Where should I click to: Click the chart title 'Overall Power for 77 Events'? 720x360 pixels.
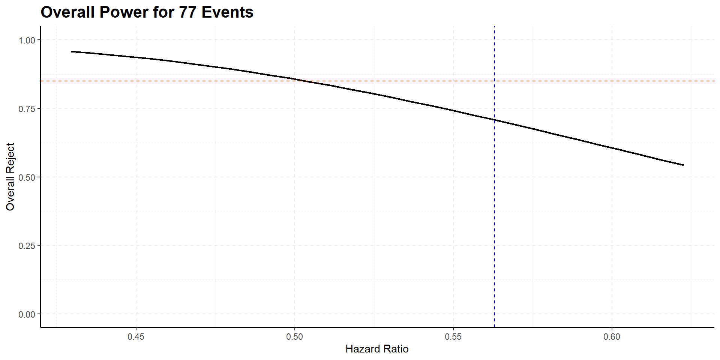(147, 12)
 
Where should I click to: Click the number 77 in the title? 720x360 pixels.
(187, 12)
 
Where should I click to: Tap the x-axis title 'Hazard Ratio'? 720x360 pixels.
(377, 349)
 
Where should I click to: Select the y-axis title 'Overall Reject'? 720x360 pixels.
(10, 177)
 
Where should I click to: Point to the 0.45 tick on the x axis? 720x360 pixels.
(136, 337)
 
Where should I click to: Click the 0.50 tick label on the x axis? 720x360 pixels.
(294, 337)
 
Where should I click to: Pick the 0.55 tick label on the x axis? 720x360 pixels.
(453, 337)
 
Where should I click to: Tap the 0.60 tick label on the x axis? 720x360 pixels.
(612, 337)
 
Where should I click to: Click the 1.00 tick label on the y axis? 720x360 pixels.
(27, 40)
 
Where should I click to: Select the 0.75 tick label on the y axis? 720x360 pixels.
(27, 109)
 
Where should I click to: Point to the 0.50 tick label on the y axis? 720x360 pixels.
(27, 177)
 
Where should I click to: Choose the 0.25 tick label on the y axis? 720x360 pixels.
(27, 246)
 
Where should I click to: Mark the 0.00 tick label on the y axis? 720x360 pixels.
(27, 314)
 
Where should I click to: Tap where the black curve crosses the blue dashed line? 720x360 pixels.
(495, 120)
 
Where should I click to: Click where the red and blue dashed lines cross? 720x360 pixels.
(495, 81)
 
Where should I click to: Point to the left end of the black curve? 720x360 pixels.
(72, 51)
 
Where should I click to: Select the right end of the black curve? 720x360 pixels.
(683, 165)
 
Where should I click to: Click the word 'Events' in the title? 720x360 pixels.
(228, 12)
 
